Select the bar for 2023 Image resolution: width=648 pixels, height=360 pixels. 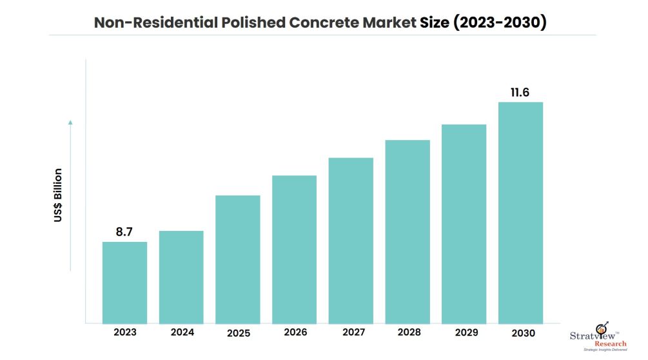[124, 283]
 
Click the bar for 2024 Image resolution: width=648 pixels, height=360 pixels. [181, 277]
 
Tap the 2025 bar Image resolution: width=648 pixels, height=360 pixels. [237, 259]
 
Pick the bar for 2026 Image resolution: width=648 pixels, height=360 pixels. [294, 249]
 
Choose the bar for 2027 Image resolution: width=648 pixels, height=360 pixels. [351, 240]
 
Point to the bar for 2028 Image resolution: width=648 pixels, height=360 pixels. [407, 232]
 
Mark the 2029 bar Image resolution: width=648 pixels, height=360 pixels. [464, 223]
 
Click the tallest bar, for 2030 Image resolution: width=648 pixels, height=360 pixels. [520, 212]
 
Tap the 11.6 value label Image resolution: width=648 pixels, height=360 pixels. [520, 92]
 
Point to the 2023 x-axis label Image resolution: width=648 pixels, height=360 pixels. [124, 333]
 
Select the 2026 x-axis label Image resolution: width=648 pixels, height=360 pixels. [294, 333]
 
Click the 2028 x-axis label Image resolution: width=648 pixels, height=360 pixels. [407, 333]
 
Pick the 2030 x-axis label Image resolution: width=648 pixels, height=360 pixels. [520, 333]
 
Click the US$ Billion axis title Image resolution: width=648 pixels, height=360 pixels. [58, 195]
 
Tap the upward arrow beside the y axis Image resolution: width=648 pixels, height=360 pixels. [71, 194]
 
